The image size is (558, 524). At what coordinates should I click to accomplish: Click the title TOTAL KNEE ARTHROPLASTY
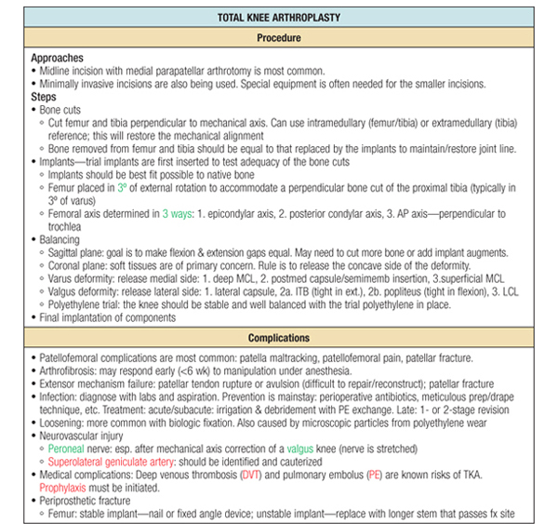279,18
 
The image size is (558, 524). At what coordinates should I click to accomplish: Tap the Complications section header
279,338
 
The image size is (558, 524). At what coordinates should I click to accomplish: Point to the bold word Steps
44,96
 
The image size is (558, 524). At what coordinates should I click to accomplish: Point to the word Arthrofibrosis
70,369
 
